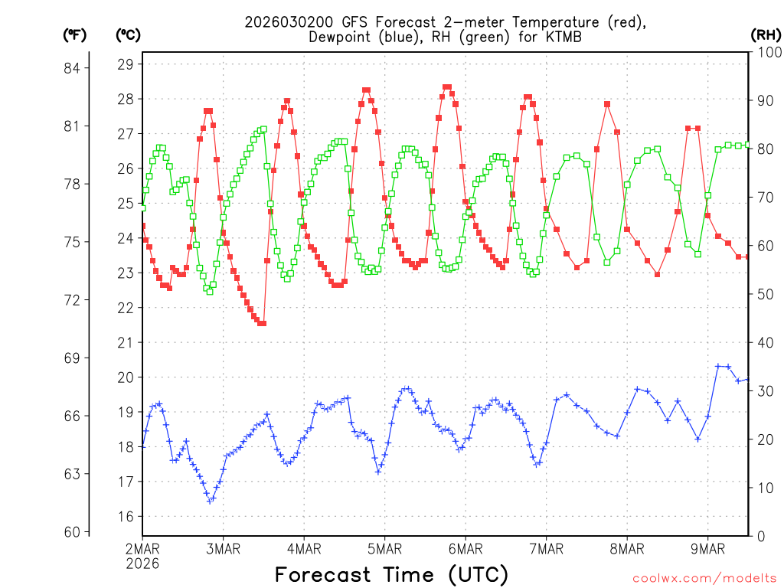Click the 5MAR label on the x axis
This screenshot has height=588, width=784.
click(384, 549)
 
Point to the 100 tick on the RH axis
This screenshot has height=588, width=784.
click(767, 53)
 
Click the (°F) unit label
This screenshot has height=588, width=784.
click(75, 34)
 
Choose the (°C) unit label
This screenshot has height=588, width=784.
click(128, 34)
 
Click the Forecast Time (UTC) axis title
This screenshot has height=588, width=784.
click(391, 574)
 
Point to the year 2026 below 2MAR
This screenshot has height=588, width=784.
click(142, 563)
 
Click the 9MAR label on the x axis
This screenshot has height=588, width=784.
click(707, 549)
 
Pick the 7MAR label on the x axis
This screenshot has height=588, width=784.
click(546, 549)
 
